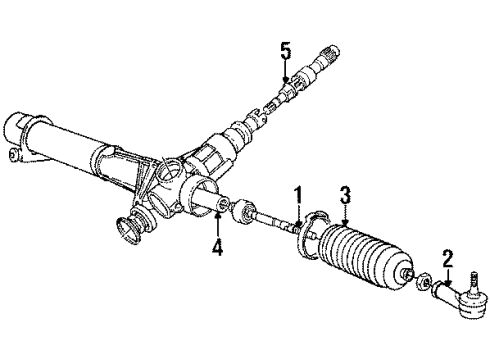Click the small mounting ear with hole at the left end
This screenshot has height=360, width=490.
point(11,155)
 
